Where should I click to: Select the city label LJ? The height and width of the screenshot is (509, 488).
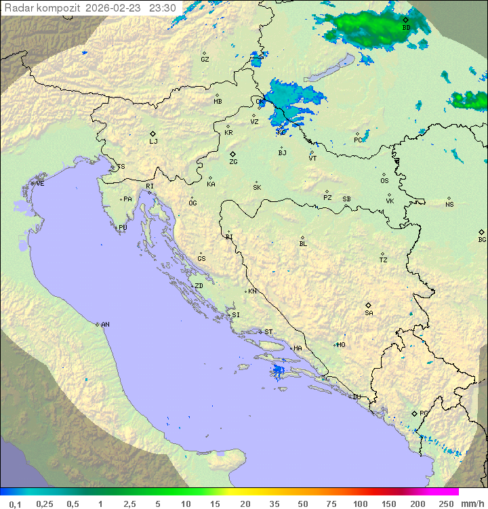153,142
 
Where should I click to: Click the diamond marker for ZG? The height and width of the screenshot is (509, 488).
232,155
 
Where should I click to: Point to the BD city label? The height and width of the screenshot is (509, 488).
406,28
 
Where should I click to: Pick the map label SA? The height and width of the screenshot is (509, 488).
369,313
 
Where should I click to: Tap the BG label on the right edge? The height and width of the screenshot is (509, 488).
482,240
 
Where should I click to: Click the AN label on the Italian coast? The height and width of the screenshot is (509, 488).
105,325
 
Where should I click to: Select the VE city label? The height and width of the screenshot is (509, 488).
40,184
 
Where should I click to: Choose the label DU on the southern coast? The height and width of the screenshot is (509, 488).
356,397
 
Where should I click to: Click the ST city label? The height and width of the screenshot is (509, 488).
268,332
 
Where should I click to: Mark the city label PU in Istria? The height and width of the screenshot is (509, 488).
123,228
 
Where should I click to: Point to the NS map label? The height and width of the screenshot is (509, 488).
449,205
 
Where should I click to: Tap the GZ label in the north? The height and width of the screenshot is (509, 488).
205,60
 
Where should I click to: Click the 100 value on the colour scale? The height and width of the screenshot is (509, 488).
360,504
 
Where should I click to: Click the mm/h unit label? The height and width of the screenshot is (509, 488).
470,504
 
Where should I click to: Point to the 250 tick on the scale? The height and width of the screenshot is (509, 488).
445,504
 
